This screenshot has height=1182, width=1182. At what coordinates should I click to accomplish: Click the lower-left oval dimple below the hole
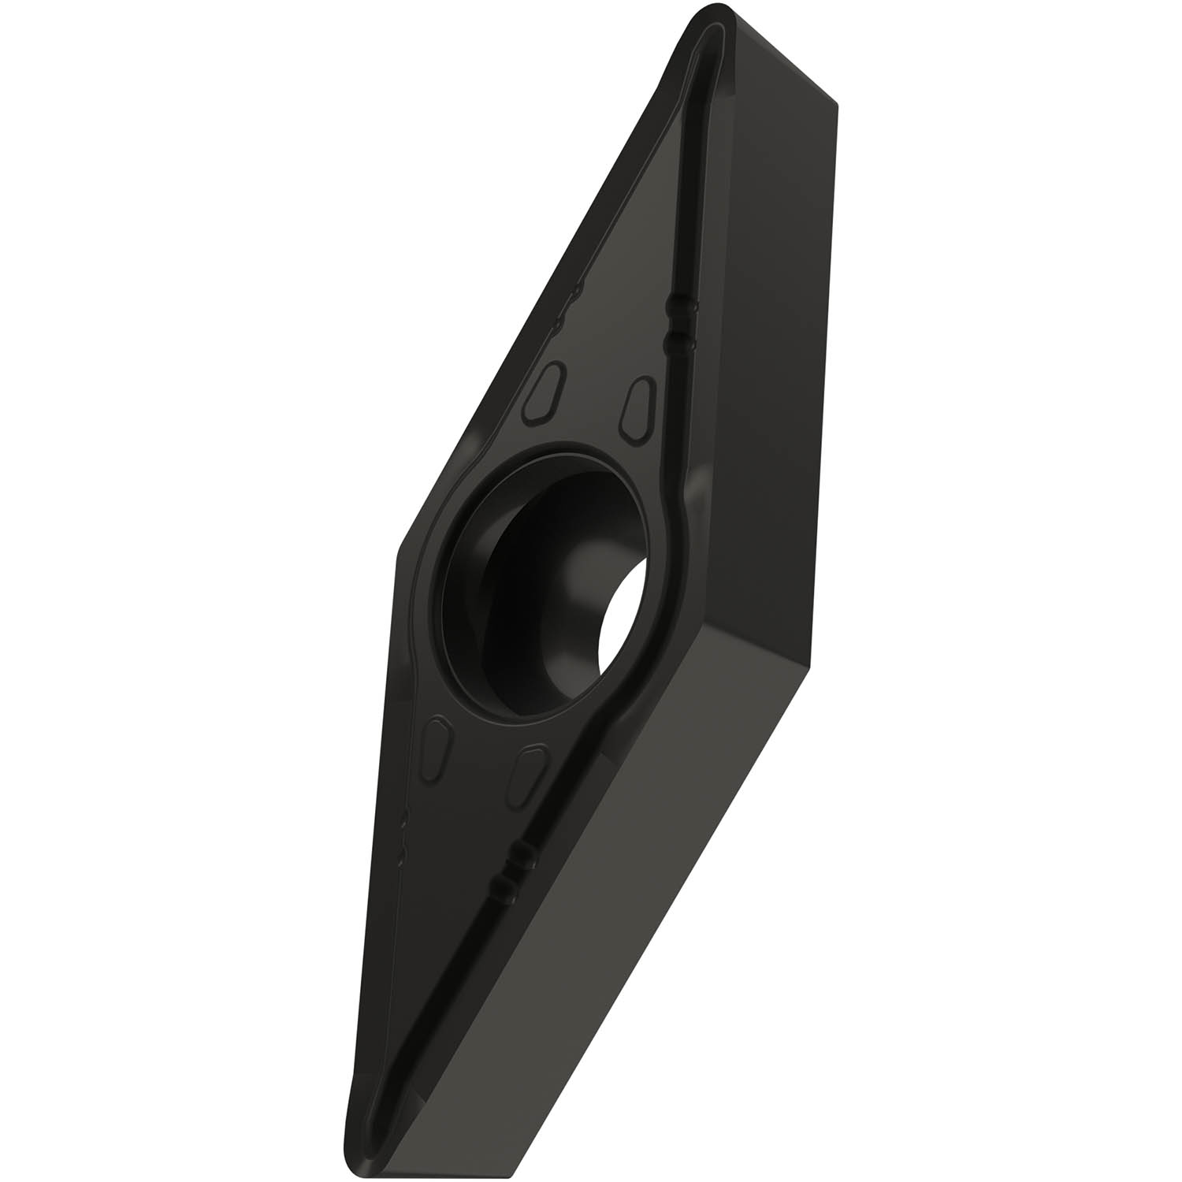pyautogui.click(x=438, y=745)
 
